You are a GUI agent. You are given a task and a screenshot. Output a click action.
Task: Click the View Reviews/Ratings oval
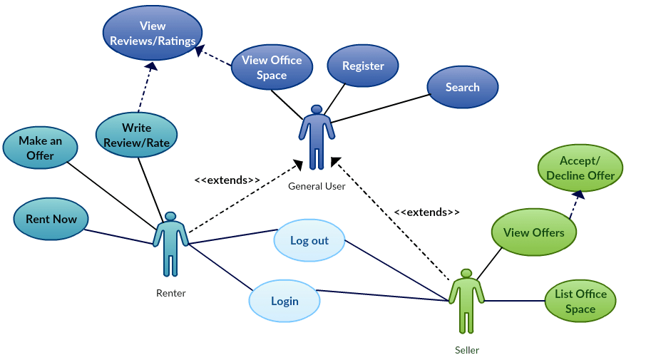(153, 34)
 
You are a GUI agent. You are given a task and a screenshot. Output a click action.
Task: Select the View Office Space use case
(271, 67)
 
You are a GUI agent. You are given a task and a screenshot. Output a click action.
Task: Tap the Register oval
(363, 66)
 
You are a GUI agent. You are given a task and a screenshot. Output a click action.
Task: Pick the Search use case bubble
(462, 88)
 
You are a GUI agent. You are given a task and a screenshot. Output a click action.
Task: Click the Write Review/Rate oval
(136, 135)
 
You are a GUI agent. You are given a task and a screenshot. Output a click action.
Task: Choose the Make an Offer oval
(41, 148)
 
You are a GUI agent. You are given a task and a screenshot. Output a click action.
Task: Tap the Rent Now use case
(51, 219)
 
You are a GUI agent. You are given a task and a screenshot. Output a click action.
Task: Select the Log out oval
(309, 241)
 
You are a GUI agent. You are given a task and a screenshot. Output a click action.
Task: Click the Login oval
(285, 300)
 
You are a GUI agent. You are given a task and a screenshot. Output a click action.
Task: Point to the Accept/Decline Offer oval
(580, 169)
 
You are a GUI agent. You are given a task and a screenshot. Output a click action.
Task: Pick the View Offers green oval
(533, 232)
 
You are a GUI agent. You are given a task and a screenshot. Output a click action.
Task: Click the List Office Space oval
(580, 301)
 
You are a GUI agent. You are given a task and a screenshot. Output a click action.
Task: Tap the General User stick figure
(317, 137)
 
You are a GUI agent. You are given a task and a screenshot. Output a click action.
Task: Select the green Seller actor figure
(466, 300)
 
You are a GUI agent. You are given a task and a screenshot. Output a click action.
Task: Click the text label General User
(317, 187)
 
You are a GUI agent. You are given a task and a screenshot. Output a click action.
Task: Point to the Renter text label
(170, 293)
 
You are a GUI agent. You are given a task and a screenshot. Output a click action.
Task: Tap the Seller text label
(467, 350)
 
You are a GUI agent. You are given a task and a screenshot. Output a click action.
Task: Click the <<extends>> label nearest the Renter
(227, 180)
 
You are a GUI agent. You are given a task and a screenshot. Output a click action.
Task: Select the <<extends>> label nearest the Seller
(427, 212)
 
